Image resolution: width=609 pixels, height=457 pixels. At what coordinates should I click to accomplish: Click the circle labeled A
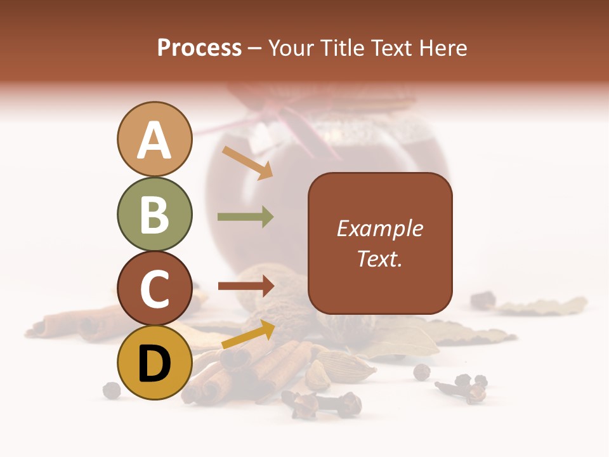pos(154,139)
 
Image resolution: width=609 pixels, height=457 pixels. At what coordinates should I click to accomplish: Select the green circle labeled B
pos(154,214)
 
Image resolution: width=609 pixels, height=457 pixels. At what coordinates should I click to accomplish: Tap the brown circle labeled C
pos(154,288)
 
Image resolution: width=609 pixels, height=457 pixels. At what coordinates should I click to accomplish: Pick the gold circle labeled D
pos(154,362)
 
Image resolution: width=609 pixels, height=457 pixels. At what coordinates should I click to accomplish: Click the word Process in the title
pos(199,48)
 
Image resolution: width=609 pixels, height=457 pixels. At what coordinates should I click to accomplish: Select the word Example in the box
pos(379,228)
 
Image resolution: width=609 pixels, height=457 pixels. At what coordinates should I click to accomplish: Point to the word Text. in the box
pos(379,258)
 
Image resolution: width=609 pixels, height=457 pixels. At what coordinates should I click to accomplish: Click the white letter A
pos(154,141)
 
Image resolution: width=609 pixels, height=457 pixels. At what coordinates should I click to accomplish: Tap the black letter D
pos(154,364)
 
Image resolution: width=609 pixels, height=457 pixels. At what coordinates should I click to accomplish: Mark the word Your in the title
pos(290,48)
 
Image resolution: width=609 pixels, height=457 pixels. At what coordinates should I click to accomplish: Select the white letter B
pos(154,215)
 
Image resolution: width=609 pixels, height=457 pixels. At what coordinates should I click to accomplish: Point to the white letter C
pos(154,289)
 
